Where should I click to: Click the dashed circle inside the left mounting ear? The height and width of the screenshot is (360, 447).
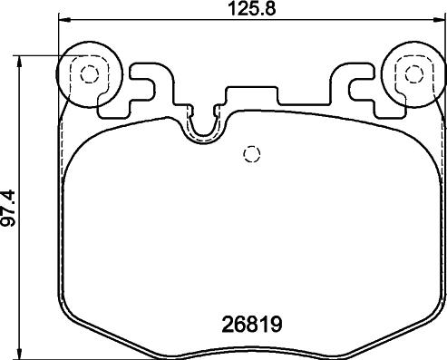pyautogui.click(x=87, y=74)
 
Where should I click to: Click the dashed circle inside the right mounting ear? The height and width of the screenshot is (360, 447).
pyautogui.click(x=412, y=73)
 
